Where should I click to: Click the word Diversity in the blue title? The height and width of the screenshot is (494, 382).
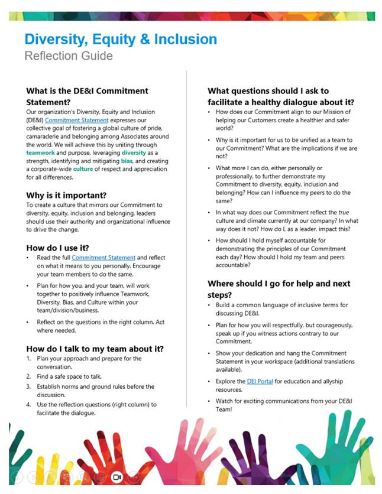tap(56, 40)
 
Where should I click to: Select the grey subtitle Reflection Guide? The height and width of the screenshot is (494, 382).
tap(68, 57)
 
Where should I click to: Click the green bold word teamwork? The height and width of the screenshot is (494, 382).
tap(40, 152)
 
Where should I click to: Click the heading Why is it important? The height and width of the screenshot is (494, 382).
tap(66, 195)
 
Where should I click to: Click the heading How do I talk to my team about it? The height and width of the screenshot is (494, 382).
tap(95, 348)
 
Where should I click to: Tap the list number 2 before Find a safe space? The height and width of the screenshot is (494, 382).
tap(28, 376)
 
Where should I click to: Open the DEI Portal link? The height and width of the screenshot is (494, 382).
tap(260, 381)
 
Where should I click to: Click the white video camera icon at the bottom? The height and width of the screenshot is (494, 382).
tap(116, 476)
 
